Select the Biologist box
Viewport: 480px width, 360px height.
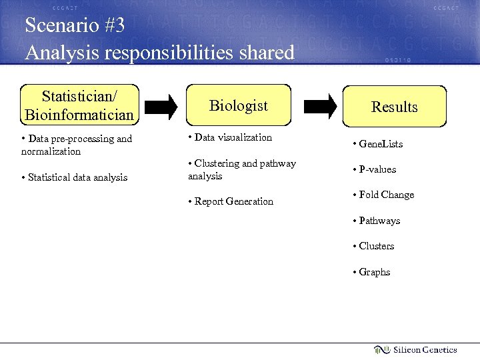(239, 105)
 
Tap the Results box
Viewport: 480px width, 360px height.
(394, 107)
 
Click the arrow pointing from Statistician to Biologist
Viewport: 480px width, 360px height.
(161, 105)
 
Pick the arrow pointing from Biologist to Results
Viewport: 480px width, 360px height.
(321, 105)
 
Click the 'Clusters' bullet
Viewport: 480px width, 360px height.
(376, 246)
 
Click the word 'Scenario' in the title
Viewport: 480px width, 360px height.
(56, 26)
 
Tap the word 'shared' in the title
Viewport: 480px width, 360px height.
(265, 52)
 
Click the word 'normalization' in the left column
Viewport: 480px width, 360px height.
(51, 151)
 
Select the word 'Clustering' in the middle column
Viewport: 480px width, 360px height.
(217, 163)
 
